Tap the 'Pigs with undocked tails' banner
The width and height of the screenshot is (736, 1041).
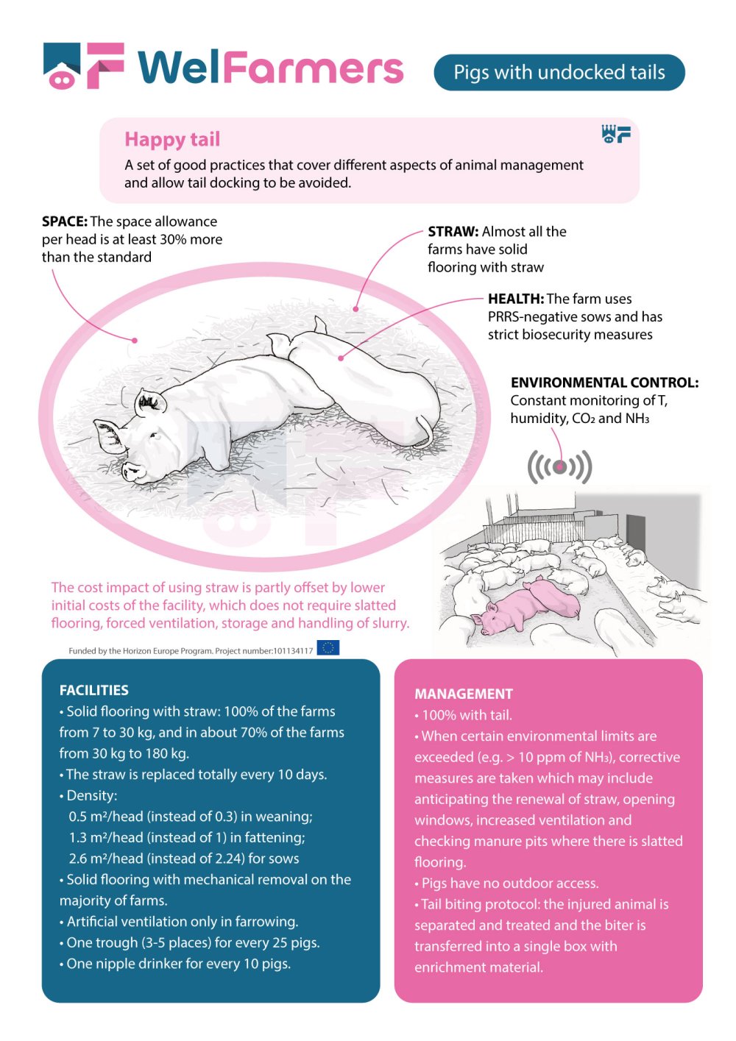coord(559,72)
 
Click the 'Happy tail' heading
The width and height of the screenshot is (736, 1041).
coord(172,139)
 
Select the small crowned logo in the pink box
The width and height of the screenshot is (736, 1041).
coord(616,133)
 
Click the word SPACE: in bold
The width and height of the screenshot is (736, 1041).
coord(65,221)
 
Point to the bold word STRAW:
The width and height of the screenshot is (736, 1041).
coord(453,231)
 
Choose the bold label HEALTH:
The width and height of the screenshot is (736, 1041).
coord(515,299)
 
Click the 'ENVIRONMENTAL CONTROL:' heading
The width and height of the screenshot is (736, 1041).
coord(604,383)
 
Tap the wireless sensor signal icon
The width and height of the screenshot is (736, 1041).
coord(559,466)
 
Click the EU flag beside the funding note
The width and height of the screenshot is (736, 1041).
coord(328,648)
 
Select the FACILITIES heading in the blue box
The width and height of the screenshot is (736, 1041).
coord(93,690)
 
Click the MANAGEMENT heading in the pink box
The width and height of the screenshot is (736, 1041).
coord(463,694)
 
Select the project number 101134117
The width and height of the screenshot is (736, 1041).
coord(293,650)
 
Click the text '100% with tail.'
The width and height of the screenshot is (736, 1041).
coord(467,715)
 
